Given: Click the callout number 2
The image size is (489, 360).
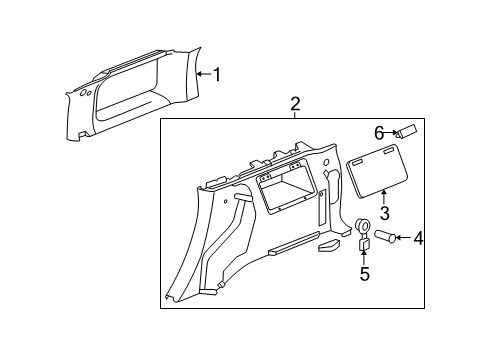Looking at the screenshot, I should coord(295,104).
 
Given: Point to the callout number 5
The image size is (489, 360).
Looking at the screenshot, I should coord(365,274).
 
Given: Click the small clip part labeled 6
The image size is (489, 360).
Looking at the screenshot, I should coord(408,131).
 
